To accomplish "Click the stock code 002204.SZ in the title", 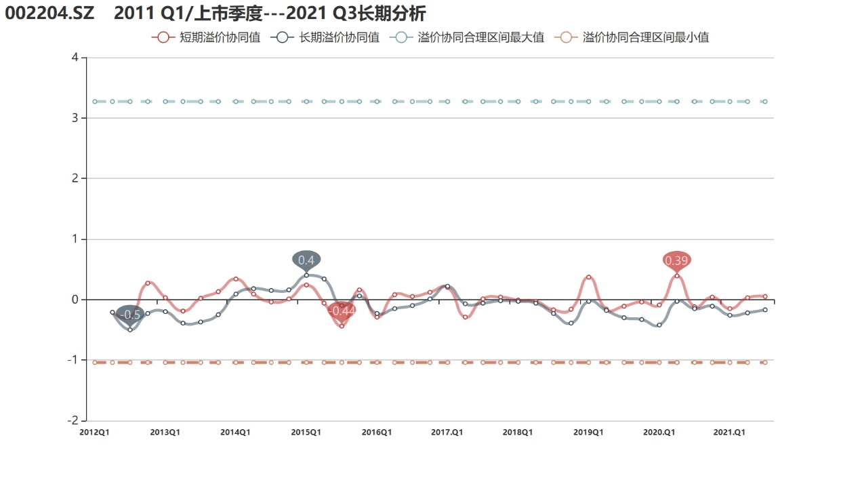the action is point(49,14).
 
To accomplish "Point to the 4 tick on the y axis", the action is point(75,57).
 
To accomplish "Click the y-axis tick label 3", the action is point(75,118).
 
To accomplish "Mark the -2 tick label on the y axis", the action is point(73,420).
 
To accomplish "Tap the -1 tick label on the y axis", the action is point(73,359).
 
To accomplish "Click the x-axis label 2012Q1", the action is point(94,433).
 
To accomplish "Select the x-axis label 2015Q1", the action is point(306,433).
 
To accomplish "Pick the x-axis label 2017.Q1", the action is point(447,433).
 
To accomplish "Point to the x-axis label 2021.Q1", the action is point(729,433).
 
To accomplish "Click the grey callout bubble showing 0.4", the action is point(306,260).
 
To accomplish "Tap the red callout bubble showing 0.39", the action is point(676,260).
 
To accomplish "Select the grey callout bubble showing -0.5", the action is point(130,315).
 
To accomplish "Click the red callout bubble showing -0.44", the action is point(342,311).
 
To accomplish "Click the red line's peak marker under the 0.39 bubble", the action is point(677,276).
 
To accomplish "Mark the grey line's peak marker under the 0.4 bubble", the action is point(306,275).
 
